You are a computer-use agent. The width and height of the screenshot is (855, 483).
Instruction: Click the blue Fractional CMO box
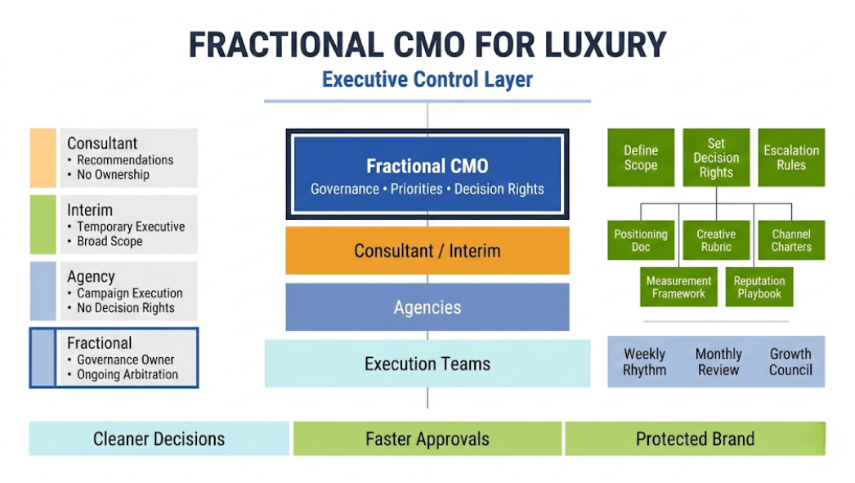tap(427, 175)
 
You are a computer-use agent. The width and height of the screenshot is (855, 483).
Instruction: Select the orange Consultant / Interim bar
tap(427, 250)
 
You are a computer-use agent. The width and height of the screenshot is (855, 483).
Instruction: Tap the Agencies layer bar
tap(427, 307)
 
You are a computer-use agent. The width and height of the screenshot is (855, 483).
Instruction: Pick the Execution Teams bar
tap(427, 364)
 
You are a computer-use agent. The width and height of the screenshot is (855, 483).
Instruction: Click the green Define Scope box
tap(641, 158)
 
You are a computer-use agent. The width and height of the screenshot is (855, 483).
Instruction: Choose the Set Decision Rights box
tap(716, 158)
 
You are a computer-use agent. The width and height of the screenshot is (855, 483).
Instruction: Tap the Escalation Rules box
tap(791, 158)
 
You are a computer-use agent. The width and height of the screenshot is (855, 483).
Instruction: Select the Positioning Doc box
tap(641, 240)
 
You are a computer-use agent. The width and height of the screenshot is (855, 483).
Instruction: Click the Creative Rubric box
tap(716, 240)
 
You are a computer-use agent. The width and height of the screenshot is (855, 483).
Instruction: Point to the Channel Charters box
tap(791, 240)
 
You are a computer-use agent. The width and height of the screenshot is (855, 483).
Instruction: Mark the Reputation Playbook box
tap(759, 287)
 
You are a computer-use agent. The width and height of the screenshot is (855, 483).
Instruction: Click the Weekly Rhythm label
tap(645, 361)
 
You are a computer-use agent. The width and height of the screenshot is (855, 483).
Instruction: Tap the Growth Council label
tap(790, 361)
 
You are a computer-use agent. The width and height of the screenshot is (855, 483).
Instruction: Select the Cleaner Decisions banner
tap(159, 439)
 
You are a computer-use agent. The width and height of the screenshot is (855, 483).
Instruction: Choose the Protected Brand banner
tap(695, 439)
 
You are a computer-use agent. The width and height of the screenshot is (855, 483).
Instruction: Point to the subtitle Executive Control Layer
tap(427, 79)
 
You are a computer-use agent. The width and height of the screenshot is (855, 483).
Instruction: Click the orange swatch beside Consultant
tap(43, 158)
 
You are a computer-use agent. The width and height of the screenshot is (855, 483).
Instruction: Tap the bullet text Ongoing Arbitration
tap(127, 374)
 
